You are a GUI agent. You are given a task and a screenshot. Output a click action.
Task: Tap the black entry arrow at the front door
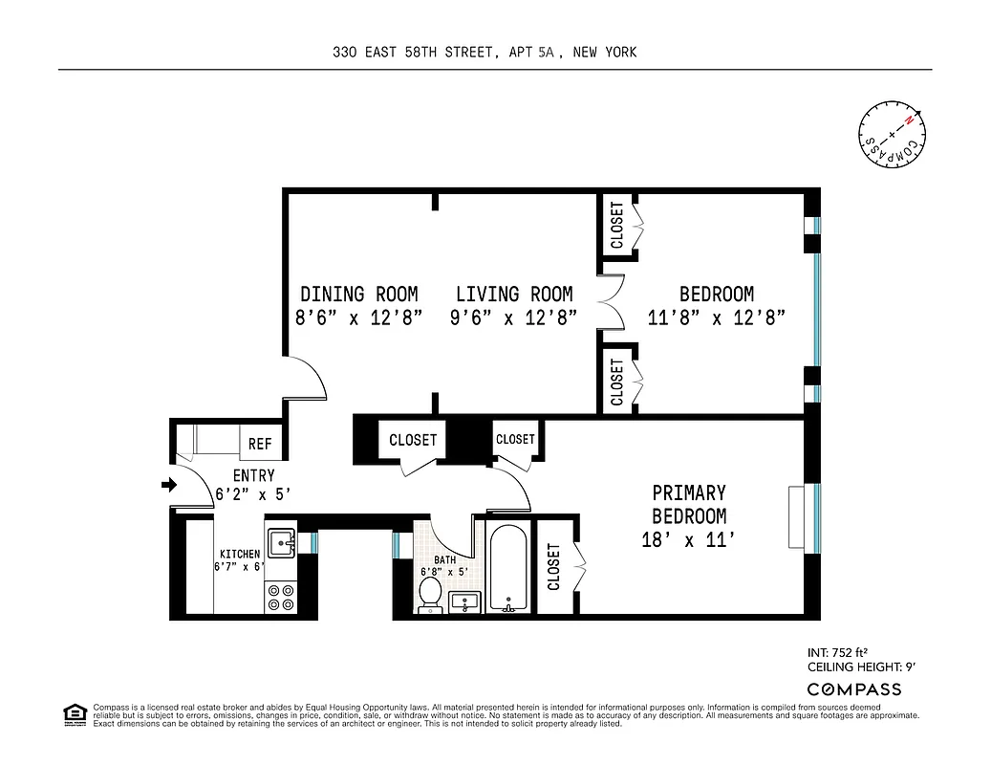[x=169, y=485]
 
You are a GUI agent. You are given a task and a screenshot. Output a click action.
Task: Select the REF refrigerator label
[x=260, y=444]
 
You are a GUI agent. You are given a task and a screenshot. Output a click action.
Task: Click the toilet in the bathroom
[x=431, y=593]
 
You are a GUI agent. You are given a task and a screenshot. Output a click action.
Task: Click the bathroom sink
[x=465, y=602]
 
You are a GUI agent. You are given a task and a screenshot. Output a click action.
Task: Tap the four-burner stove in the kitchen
[x=280, y=597]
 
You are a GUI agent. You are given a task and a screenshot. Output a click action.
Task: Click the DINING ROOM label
[x=359, y=295]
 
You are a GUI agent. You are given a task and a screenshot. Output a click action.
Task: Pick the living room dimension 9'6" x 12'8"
[x=514, y=319]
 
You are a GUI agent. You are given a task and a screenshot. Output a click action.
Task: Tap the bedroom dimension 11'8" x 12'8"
[x=716, y=319]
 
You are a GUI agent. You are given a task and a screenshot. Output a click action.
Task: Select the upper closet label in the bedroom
[x=617, y=226]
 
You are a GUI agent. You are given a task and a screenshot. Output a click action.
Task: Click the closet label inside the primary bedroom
[x=554, y=566]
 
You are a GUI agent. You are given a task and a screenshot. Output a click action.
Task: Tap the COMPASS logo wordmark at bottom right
[x=853, y=689]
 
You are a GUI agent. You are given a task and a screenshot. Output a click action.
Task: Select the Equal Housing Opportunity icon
[x=73, y=713]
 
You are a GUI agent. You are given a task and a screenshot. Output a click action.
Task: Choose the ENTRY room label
[x=253, y=475]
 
